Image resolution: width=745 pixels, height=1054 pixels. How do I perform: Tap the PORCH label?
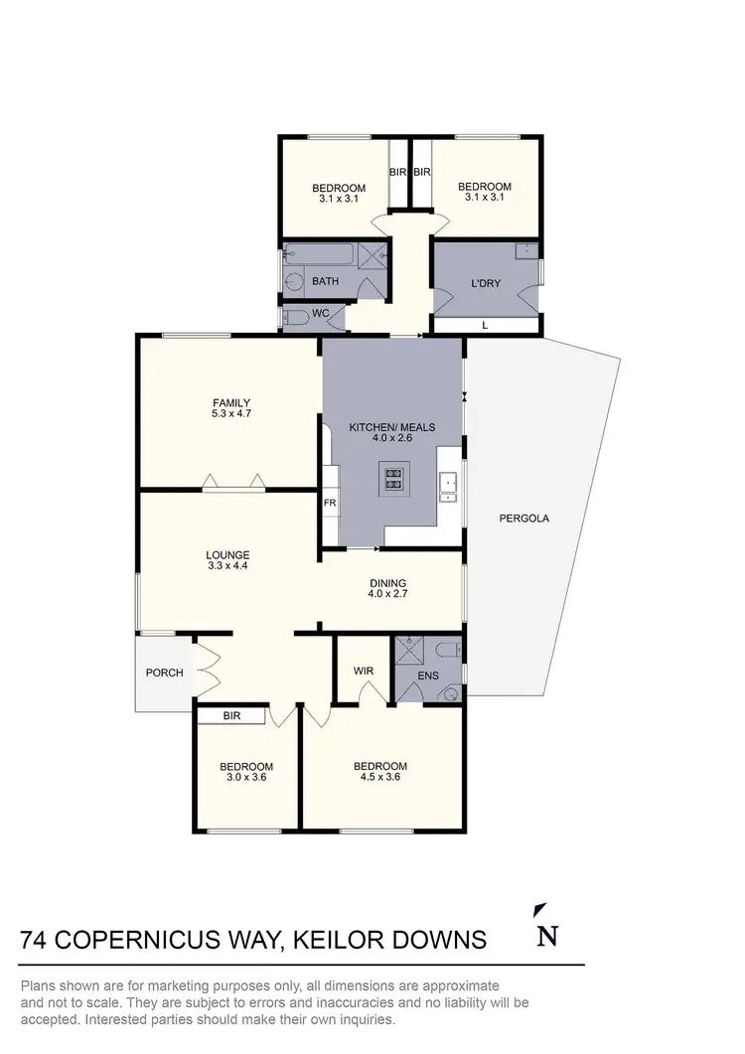(x=165, y=673)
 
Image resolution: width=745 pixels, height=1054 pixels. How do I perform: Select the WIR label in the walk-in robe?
(x=364, y=671)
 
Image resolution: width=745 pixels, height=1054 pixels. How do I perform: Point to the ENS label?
(x=428, y=677)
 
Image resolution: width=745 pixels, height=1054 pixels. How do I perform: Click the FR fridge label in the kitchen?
(x=330, y=503)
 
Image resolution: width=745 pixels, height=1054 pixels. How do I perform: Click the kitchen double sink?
(x=449, y=485)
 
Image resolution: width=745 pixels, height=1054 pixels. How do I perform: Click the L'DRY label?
(x=486, y=283)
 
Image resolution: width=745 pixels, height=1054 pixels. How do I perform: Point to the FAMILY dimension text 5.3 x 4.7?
(x=230, y=414)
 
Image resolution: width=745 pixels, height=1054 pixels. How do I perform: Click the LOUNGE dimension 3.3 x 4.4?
(x=227, y=566)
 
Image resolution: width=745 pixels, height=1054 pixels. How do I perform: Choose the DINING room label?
(x=387, y=583)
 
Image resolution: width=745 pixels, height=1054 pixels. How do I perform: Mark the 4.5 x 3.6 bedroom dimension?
(x=380, y=778)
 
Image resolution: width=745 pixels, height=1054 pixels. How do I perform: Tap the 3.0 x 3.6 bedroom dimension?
(x=245, y=779)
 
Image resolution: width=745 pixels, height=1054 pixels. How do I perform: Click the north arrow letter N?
(x=545, y=937)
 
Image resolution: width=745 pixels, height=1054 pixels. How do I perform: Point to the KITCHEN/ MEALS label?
(x=391, y=427)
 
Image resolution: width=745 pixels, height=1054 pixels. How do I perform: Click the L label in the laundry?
(x=485, y=325)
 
